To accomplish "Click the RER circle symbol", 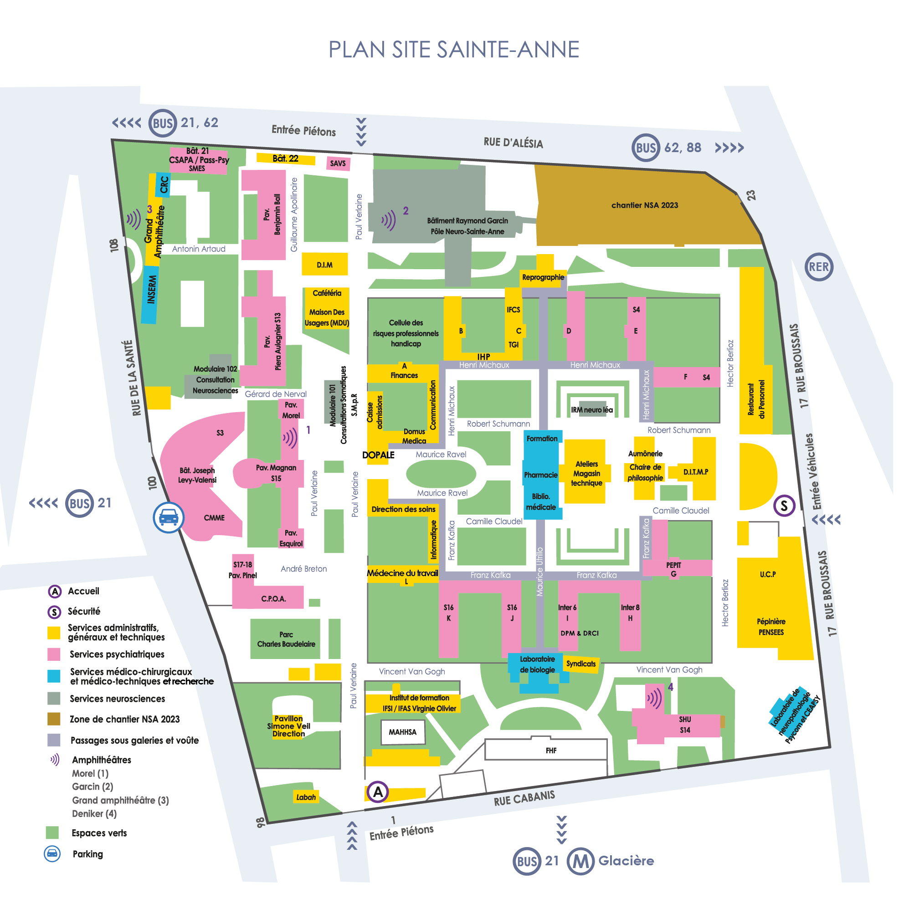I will (x=818, y=266).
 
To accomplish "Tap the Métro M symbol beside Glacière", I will (x=580, y=861).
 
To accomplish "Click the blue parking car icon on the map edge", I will (x=169, y=518).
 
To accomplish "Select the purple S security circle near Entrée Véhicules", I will (x=784, y=506).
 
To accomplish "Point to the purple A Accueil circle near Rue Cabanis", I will (x=377, y=792).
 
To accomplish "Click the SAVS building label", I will (x=337, y=163).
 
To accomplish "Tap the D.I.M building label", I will (x=324, y=265).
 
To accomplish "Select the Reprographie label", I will (x=543, y=277).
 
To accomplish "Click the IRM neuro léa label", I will (x=592, y=409).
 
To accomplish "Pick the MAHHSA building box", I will (x=402, y=732).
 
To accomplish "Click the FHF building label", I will (x=551, y=751).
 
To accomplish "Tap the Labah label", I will (x=306, y=797).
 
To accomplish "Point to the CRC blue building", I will (x=163, y=184).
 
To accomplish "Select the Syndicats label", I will (x=580, y=664).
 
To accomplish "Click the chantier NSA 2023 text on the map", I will (x=645, y=205).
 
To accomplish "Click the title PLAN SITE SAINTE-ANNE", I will (x=454, y=49).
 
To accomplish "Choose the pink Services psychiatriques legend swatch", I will (x=54, y=654).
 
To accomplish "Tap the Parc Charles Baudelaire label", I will (x=286, y=639).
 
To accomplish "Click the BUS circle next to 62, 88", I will (x=646, y=148).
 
